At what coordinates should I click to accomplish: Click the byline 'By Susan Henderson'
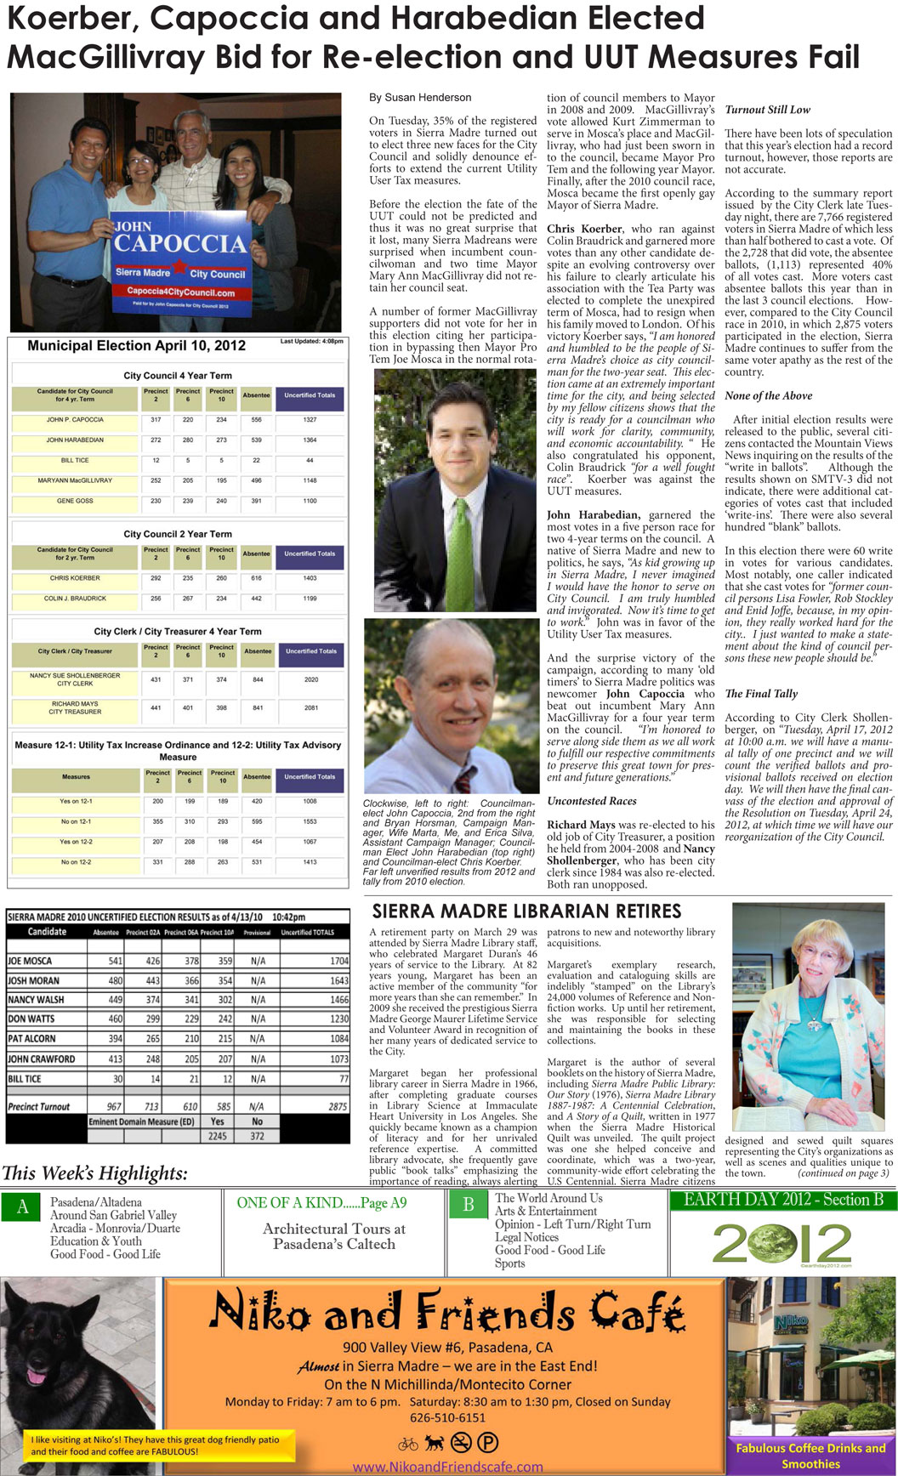(x=419, y=98)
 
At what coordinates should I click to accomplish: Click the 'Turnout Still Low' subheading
(x=767, y=110)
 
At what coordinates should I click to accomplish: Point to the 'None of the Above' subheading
(x=768, y=395)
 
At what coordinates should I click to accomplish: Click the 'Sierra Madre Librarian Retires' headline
(x=526, y=911)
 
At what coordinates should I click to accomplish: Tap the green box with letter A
(x=22, y=1207)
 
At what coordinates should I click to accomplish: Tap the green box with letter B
(x=468, y=1205)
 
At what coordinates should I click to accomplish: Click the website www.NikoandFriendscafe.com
(x=447, y=1467)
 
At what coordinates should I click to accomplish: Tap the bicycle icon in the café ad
(x=408, y=1443)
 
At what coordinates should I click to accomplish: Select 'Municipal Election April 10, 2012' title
(x=136, y=345)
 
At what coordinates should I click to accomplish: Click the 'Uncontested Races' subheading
(x=591, y=801)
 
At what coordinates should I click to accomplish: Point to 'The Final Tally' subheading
(x=761, y=694)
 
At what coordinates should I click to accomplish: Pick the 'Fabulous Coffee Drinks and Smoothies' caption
(x=810, y=1456)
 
